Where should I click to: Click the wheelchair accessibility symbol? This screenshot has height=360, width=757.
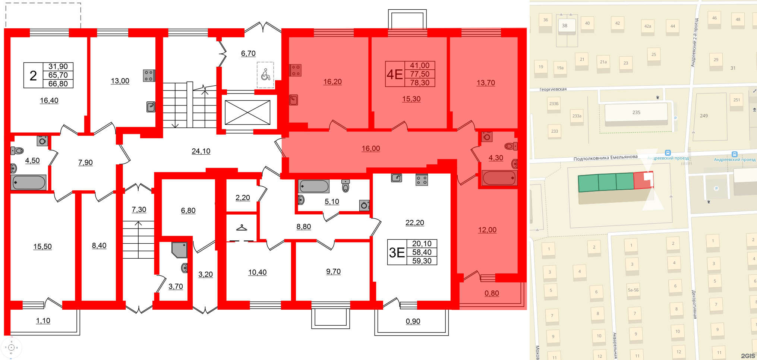coord(265,75)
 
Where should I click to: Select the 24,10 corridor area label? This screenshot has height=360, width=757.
coord(201,151)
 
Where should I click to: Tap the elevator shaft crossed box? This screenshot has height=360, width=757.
coord(247,113)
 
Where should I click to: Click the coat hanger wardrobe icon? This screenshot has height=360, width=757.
coord(242,227)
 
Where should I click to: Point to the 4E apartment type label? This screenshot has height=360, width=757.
coord(394,74)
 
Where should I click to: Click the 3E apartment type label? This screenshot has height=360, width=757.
coord(397,253)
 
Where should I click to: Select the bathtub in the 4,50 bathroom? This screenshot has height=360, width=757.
coord(29,183)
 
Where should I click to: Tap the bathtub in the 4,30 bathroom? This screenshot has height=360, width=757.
coord(499,178)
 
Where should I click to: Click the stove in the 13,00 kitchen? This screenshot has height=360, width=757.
coord(149,76)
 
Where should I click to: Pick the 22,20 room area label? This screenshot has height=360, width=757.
coord(414,223)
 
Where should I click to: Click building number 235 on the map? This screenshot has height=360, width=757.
coord(636,113)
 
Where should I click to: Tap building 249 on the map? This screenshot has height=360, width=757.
coord(704,116)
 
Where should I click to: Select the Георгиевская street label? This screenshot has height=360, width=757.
coord(553,89)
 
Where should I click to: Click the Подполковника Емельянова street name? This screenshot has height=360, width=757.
coord(605,158)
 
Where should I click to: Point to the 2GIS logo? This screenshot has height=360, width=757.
coord(747,356)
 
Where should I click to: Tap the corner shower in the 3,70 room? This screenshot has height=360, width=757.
coord(179,250)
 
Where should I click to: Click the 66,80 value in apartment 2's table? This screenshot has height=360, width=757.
coord(58,84)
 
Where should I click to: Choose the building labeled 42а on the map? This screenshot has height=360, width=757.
coord(648,26)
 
